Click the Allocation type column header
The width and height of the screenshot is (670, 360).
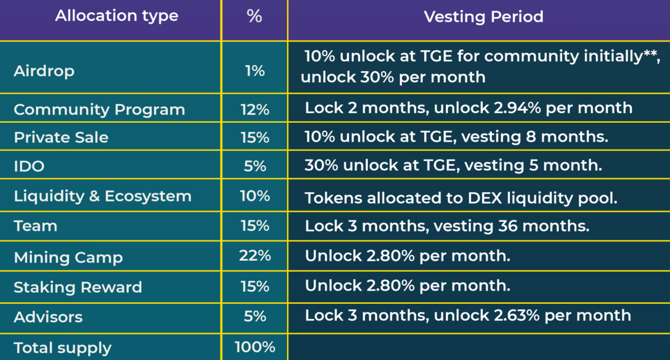[116, 16]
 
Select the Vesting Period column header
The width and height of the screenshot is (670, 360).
[484, 17]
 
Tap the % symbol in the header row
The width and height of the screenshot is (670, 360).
[255, 16]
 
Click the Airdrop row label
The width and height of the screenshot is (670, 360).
[44, 71]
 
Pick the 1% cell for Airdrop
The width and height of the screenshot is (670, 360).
[255, 71]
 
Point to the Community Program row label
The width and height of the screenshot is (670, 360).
[99, 109]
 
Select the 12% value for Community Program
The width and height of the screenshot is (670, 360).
[255, 109]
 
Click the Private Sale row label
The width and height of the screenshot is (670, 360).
[61, 137]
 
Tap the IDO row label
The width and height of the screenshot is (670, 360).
[29, 166]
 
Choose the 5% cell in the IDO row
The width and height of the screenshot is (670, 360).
[255, 166]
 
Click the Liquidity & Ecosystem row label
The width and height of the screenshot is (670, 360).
[103, 196]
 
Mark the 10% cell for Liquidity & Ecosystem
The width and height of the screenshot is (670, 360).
[255, 196]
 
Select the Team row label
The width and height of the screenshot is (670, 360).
[36, 226]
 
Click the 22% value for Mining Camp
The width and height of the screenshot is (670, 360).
[255, 256]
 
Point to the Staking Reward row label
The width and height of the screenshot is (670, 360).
[78, 287]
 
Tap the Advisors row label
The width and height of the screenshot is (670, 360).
[48, 316]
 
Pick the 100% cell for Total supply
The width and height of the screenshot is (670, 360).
[255, 347]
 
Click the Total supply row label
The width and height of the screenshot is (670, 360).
[63, 348]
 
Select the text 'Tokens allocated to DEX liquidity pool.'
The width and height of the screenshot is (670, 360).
[461, 198]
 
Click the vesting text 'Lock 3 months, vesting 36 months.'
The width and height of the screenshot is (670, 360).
[447, 226]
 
